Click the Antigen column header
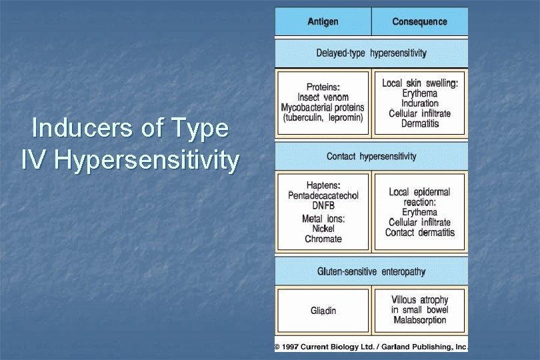[x=323, y=22]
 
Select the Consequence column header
[x=419, y=22]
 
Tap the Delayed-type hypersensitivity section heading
[x=371, y=53]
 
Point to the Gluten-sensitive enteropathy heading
[x=371, y=272]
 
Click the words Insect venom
[x=323, y=97]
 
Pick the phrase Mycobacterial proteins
[x=323, y=107]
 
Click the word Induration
[x=420, y=103]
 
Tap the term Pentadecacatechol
[x=323, y=195]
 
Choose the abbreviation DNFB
[x=323, y=207]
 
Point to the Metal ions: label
[x=323, y=218]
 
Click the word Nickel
[x=323, y=229]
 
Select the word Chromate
[x=323, y=239]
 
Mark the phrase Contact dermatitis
[x=420, y=233]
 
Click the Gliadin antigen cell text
[x=323, y=311]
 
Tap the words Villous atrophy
[x=420, y=300]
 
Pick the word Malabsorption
[x=420, y=320]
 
